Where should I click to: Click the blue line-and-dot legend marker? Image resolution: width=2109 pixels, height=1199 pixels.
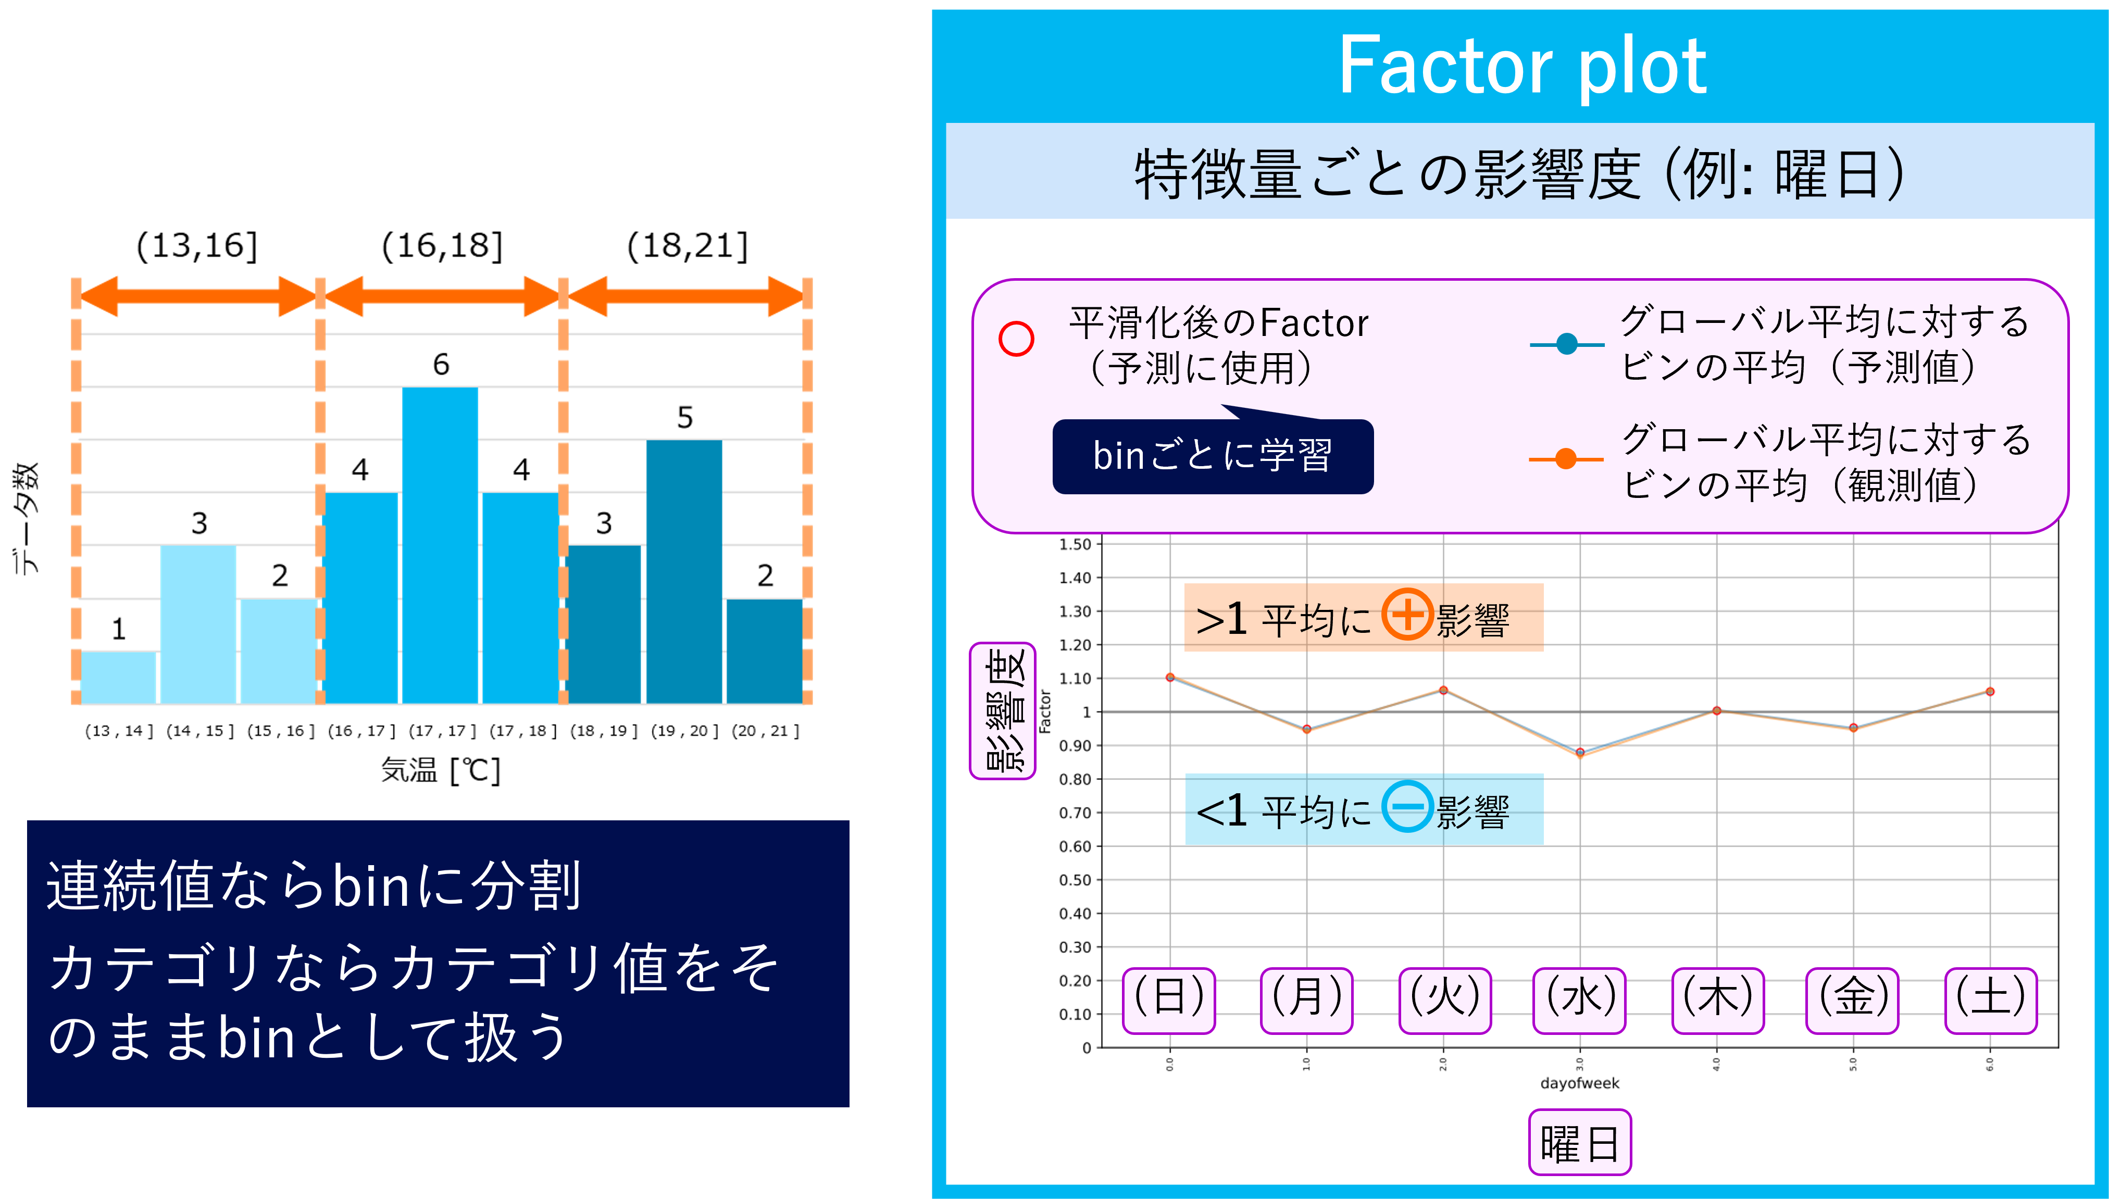click(1566, 344)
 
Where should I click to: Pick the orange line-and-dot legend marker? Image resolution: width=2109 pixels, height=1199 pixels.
click(1566, 459)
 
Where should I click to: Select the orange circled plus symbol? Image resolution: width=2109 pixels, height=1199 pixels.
click(1406, 614)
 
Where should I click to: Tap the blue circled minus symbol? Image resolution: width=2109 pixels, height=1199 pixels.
click(1406, 806)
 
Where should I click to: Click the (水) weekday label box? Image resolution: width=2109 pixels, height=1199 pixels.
click(1579, 1000)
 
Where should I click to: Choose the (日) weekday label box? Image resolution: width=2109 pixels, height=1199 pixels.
click(1168, 1000)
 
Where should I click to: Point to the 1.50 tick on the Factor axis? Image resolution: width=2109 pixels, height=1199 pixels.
click(1075, 544)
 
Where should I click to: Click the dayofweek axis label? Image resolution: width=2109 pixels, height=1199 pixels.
click(1579, 1083)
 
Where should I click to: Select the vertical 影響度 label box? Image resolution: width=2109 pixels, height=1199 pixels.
click(1002, 710)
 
